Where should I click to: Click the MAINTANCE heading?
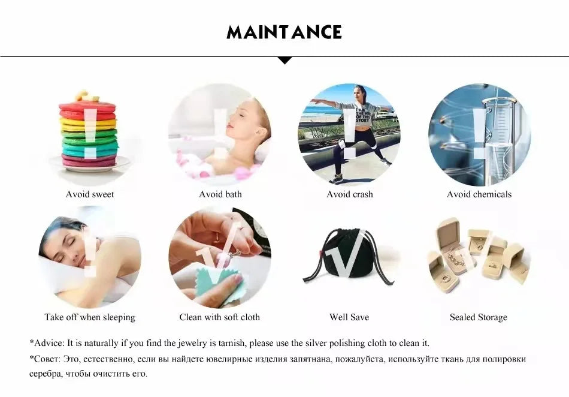(x=284, y=32)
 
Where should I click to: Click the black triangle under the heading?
(x=285, y=61)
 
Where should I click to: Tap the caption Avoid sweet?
(x=90, y=194)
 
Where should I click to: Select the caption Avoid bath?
(x=220, y=194)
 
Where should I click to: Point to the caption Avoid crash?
(x=349, y=194)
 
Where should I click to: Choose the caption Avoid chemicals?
(x=479, y=194)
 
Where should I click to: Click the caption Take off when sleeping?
(x=90, y=317)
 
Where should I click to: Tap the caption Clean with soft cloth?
(x=220, y=317)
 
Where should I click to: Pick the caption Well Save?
(x=349, y=317)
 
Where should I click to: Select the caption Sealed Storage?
(x=479, y=317)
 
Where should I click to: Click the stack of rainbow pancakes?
(x=89, y=134)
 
